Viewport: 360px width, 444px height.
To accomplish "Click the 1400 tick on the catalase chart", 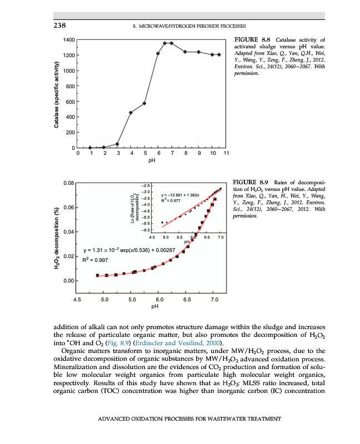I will pos(68,40).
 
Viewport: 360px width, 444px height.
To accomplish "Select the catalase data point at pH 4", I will pos(131,112).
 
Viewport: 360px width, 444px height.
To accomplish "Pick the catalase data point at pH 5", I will pos(144,103).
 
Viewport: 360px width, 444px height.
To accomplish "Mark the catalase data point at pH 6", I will pos(158,53).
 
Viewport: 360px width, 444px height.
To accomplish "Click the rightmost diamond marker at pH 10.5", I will pos(219,54).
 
